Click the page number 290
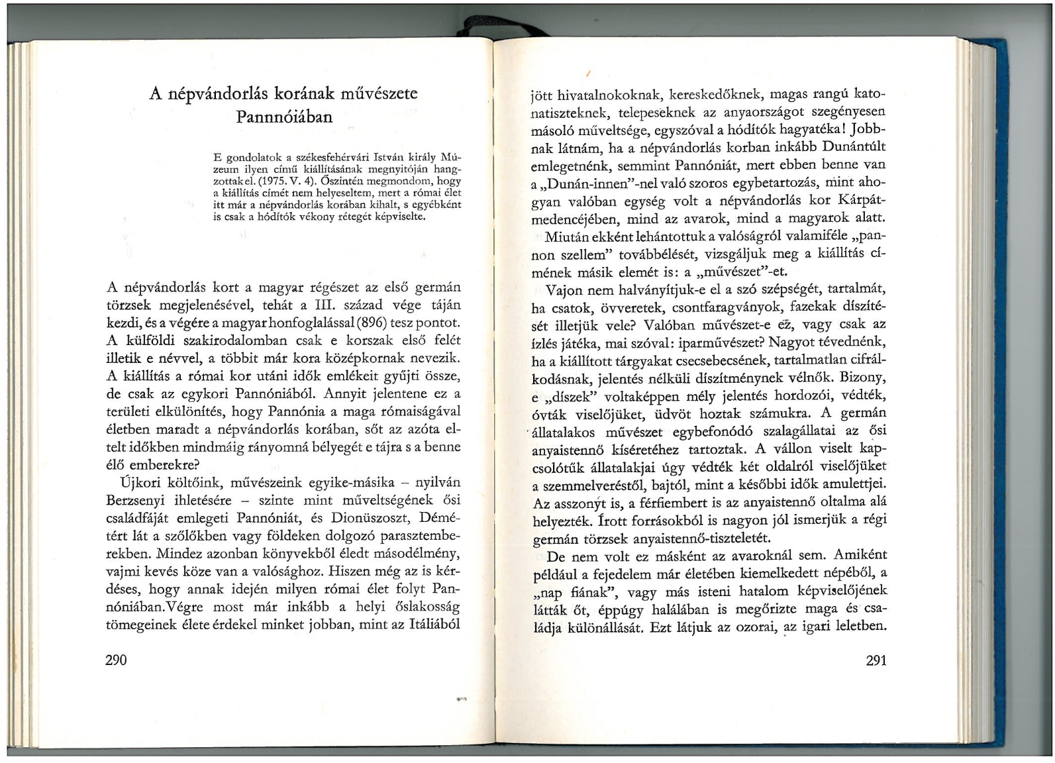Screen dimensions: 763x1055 click(116, 659)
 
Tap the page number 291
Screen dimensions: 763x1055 click(876, 660)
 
